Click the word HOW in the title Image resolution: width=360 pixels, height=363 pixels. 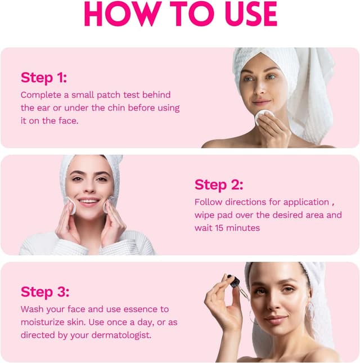point(123,14)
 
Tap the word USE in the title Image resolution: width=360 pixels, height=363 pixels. point(251,14)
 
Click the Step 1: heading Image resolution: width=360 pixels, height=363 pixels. point(44,77)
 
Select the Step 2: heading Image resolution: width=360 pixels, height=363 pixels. point(219,185)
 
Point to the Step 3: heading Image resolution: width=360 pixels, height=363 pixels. point(45,292)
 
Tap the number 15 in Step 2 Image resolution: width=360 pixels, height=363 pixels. point(219,228)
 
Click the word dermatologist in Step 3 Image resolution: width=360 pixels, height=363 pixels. point(121,335)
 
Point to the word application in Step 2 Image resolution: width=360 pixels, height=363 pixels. point(306,203)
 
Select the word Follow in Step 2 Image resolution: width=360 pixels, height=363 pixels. point(208,202)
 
